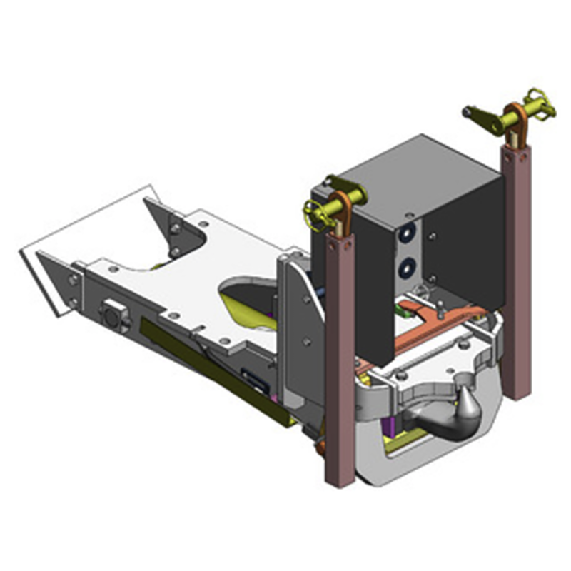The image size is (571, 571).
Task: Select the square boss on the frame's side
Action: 112,314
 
